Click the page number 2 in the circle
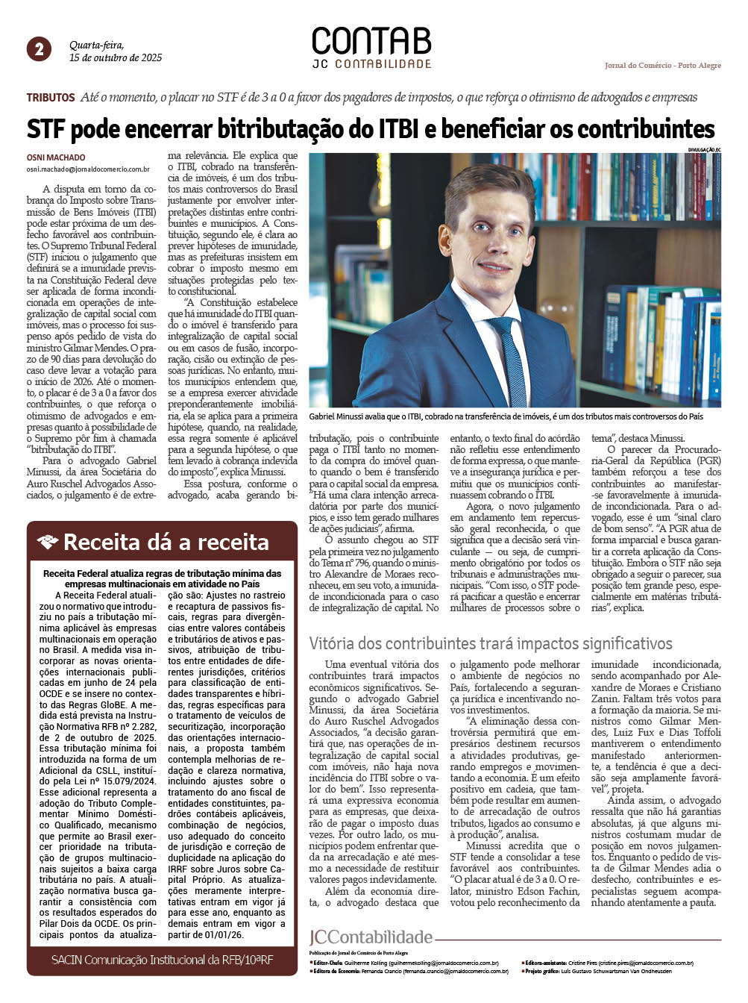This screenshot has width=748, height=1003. (39, 49)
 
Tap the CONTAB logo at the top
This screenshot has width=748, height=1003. (371, 41)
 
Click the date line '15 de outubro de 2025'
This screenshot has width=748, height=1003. (116, 57)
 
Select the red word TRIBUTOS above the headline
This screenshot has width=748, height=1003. (51, 98)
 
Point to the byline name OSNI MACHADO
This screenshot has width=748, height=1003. (56, 157)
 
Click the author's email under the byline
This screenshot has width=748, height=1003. (88, 169)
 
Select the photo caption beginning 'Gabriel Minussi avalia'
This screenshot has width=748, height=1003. (506, 416)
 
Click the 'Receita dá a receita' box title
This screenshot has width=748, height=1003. (166, 542)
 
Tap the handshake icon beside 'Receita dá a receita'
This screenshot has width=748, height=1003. (48, 542)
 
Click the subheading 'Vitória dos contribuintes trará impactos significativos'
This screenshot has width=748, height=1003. (491, 643)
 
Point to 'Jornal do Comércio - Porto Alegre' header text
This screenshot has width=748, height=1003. (662, 66)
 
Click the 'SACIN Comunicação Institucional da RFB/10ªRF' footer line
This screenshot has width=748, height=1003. (162, 960)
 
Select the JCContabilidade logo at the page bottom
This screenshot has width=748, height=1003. (371, 937)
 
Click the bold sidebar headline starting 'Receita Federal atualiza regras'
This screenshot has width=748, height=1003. (162, 578)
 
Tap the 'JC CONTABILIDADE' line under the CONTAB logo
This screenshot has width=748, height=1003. (371, 64)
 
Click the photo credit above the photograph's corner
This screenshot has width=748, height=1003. (705, 150)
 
